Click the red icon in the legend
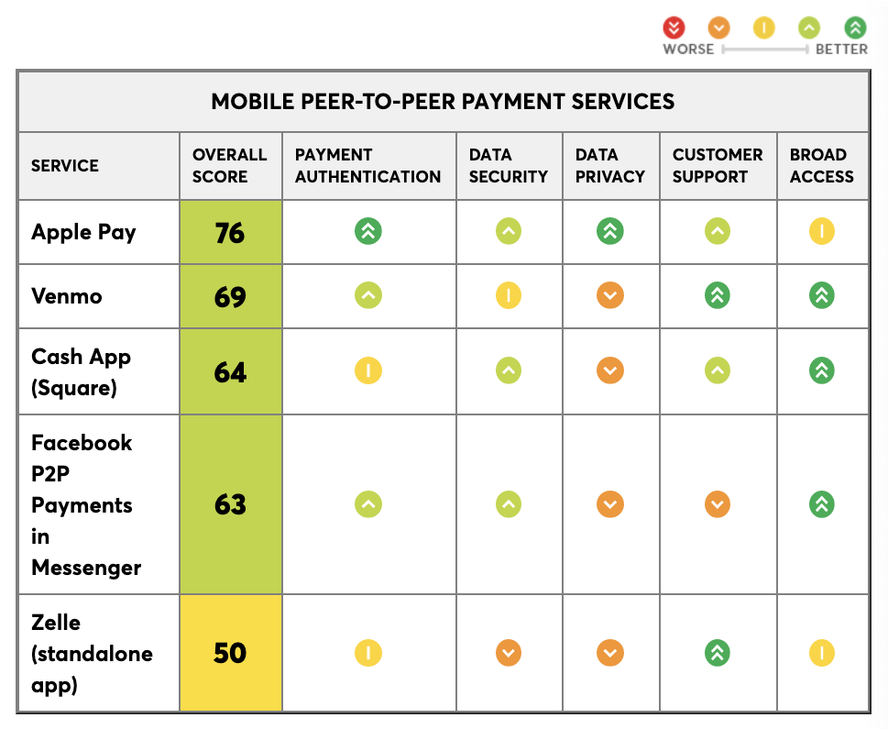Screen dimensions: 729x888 [x=675, y=28]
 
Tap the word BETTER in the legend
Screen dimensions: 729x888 [x=841, y=49]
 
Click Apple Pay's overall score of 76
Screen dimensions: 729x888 [x=230, y=233]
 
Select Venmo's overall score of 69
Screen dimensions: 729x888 [x=230, y=297]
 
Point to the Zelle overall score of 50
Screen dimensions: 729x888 [x=230, y=653]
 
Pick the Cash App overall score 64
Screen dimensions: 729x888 [x=230, y=371]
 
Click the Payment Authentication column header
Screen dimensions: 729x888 [x=367, y=166]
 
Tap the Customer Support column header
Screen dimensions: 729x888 [x=718, y=166]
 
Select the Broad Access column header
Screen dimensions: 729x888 [x=821, y=166]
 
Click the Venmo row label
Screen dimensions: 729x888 [x=67, y=297]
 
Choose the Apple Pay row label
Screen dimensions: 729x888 [x=83, y=232]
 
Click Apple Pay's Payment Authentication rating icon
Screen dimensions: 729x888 [x=368, y=232]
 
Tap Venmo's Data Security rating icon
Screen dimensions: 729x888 [x=508, y=296]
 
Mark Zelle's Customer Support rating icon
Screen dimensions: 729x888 [x=718, y=653]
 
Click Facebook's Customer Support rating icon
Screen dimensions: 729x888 [x=718, y=504]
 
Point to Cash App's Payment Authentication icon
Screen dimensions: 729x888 [x=368, y=371]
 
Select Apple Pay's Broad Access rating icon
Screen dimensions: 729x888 [x=822, y=232]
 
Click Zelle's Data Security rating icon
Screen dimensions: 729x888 [x=508, y=653]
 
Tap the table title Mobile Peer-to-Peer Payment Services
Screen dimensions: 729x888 [x=443, y=102]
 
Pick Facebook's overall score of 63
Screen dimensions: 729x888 [x=230, y=504]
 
